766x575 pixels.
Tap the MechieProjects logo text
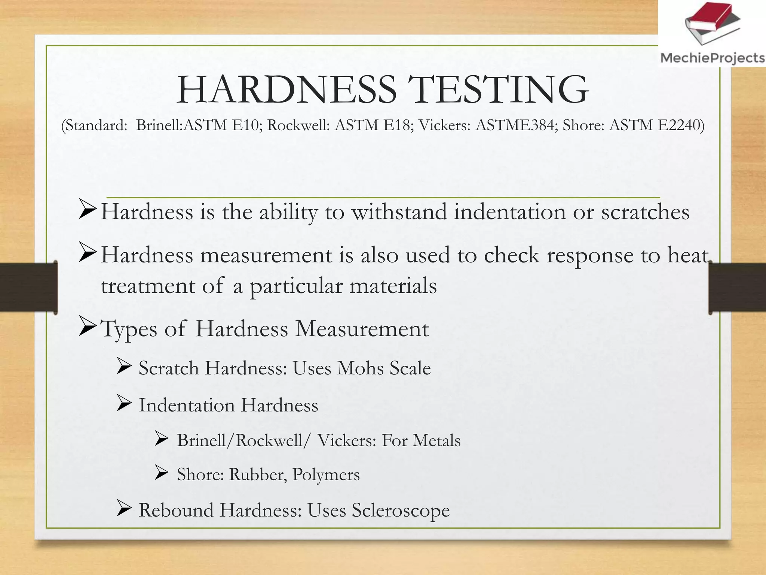coord(712,58)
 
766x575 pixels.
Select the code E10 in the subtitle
coord(245,125)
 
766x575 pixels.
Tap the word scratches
coord(645,212)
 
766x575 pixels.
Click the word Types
coord(129,329)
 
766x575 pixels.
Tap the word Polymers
coord(326,474)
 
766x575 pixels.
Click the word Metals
coord(436,440)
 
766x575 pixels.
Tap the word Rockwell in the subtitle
coord(298,125)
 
